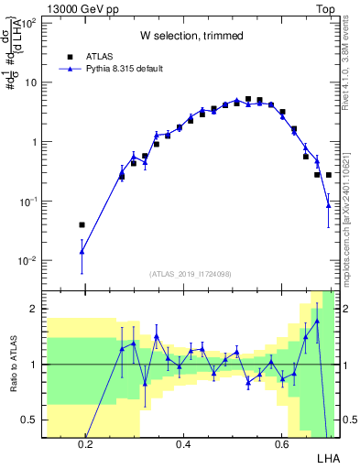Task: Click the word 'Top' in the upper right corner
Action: pos(327,7)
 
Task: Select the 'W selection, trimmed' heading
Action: pos(191,36)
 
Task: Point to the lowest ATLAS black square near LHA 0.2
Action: pos(82,224)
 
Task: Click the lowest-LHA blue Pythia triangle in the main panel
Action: pos(82,251)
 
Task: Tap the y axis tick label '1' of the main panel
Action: pos(32,142)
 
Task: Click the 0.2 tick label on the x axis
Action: pos(85,445)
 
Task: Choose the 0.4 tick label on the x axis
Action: pos(183,445)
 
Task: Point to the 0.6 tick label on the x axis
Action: pos(281,445)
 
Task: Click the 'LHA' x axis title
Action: pos(327,458)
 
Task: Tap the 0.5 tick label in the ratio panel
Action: pos(27,420)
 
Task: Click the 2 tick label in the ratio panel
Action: pos(32,309)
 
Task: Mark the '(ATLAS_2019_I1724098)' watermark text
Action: pos(191,273)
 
